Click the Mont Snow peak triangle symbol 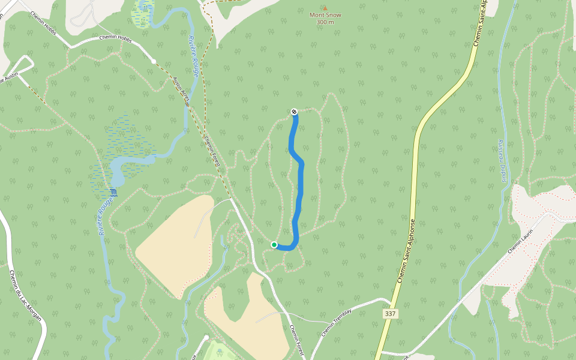point(325,8)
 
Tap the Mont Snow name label point(325,15)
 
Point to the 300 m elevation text point(325,22)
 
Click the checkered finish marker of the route point(294,111)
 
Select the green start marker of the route point(274,245)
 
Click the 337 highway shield point(391,314)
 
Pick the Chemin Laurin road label point(520,241)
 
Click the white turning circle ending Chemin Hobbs point(154,61)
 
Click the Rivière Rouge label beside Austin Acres point(193,56)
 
